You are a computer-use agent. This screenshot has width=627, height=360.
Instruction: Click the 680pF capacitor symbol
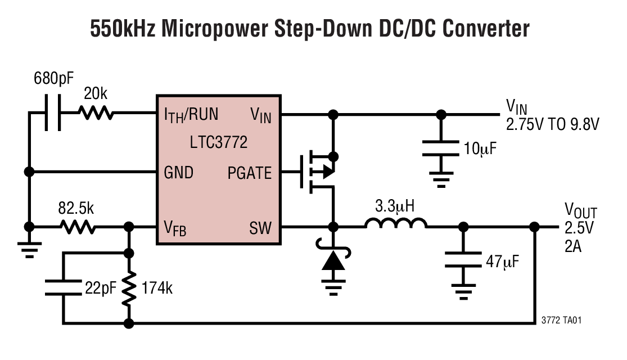coord(52,114)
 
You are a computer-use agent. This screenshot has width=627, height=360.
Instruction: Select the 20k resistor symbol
coord(96,114)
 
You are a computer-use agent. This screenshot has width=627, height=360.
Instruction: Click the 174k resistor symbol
coord(129,288)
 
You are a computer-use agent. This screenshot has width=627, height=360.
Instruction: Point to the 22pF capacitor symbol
coord(63,288)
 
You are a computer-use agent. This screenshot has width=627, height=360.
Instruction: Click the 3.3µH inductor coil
coord(396,224)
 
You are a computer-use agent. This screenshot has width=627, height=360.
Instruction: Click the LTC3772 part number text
coord(219,142)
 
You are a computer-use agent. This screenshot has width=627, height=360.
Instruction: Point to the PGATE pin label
coord(250,172)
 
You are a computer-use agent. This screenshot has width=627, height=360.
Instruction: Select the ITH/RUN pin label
coord(191,115)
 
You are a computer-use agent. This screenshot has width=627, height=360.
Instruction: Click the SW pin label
coord(260,228)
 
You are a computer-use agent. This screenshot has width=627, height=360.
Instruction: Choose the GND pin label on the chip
coord(178,172)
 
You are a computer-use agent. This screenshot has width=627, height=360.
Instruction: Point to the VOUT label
coord(580,213)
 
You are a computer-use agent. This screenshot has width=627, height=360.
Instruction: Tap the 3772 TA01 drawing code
coord(561,320)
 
